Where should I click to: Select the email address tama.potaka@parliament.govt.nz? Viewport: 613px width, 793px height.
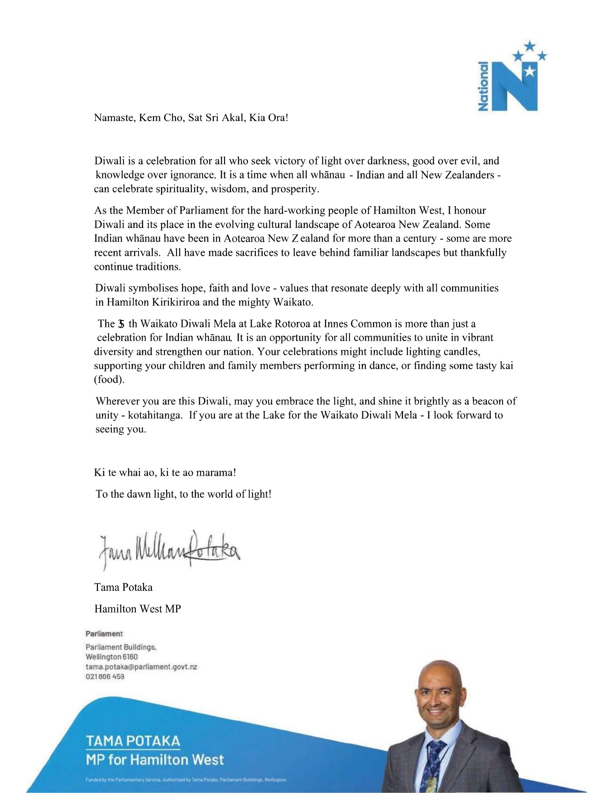pos(141,667)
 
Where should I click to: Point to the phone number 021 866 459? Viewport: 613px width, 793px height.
pos(105,677)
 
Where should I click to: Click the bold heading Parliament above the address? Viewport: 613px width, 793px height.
pos(104,634)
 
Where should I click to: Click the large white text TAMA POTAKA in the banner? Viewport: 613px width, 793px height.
pos(133,741)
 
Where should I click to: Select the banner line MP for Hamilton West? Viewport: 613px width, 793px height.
pos(155,760)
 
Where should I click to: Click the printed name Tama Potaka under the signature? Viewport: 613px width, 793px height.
pos(123,587)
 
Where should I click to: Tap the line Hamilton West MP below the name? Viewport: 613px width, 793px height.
pos(137,609)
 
